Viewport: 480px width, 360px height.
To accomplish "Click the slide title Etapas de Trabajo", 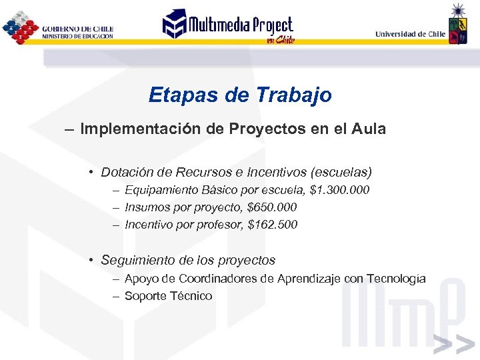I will point(240,95).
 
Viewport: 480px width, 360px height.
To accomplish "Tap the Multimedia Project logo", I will point(229,27).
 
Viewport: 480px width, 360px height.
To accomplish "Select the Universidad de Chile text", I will point(410,33).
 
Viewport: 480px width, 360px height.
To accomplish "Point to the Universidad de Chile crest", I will point(457,27).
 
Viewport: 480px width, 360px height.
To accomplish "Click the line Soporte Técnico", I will point(169,296).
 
